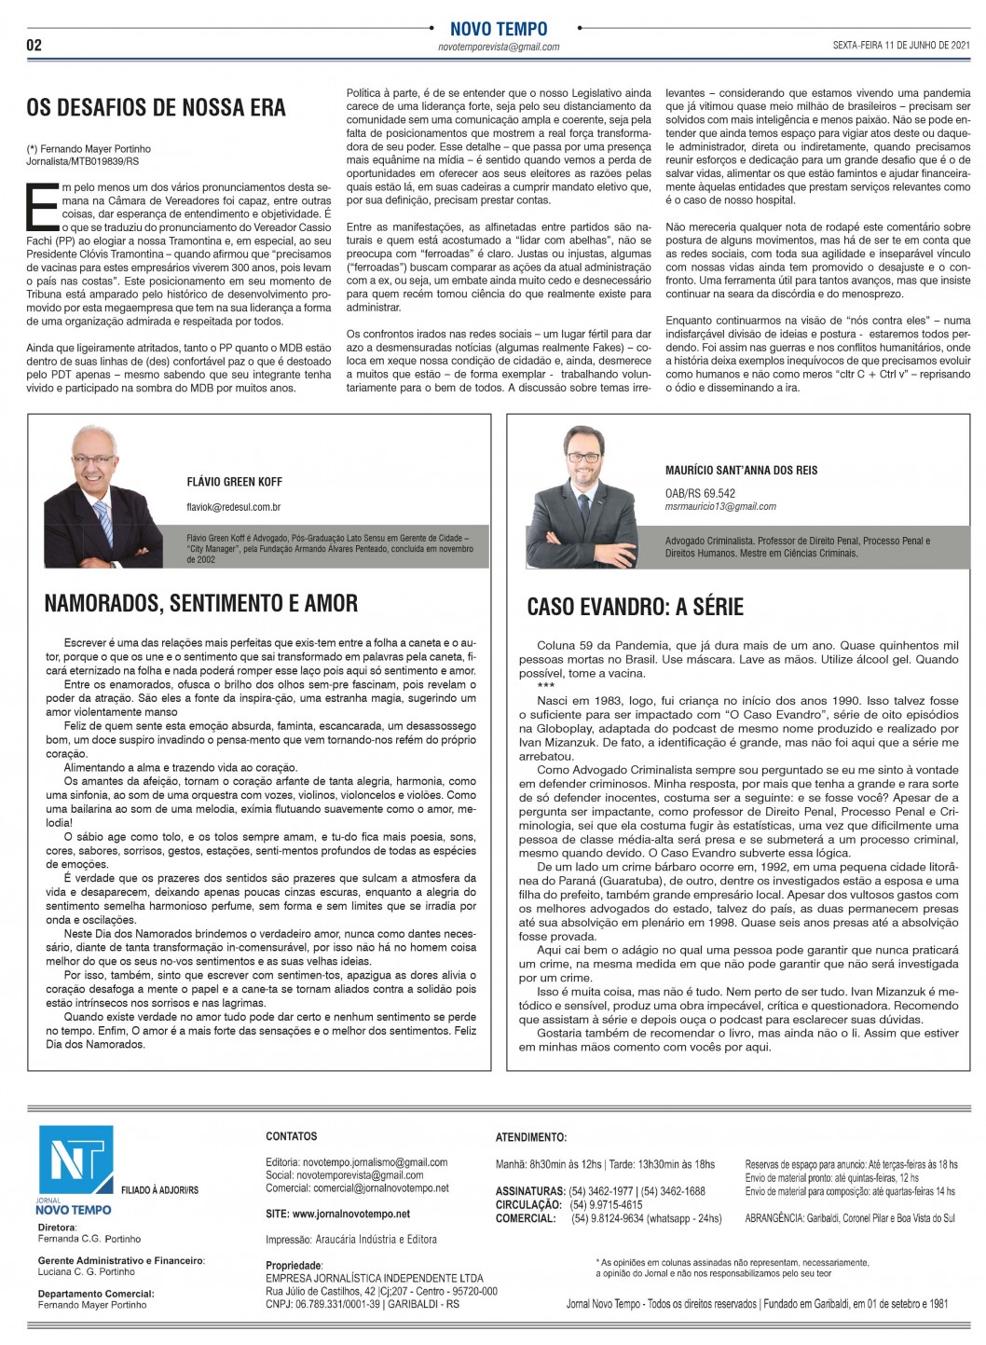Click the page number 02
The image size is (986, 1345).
34,45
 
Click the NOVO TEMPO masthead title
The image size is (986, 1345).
499,29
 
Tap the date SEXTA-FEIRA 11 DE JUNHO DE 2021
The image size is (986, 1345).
901,45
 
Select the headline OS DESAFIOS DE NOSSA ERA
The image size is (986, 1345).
156,107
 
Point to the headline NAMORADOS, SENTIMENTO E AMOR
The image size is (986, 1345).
200,603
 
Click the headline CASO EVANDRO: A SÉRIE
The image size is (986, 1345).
635,607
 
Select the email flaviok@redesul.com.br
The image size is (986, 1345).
234,507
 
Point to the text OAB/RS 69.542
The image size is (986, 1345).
700,493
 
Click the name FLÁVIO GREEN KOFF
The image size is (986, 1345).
234,482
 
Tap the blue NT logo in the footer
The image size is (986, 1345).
75,1161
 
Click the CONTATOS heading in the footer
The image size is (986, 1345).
291,1136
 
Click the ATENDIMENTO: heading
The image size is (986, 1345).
530,1137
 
